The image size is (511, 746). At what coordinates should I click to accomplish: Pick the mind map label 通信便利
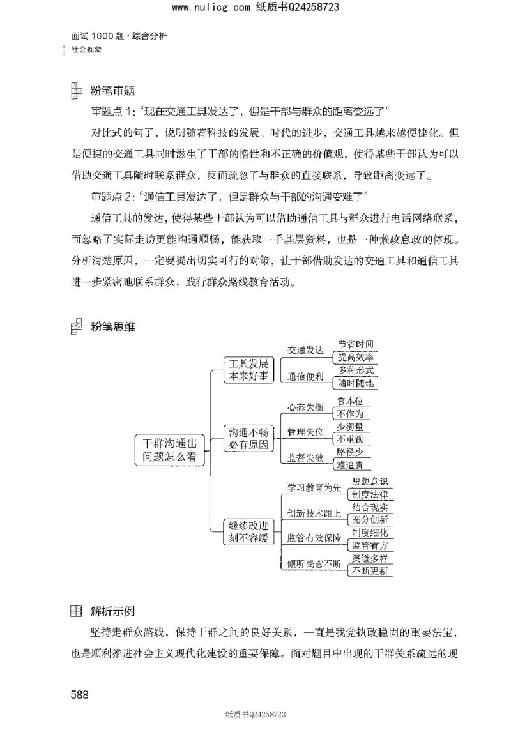click(x=305, y=376)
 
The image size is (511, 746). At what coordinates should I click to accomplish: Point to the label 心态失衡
click(x=305, y=407)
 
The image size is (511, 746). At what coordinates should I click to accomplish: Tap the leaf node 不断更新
click(x=369, y=571)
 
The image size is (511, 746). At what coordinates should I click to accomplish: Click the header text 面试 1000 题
click(x=99, y=36)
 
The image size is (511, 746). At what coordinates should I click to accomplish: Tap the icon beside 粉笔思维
click(x=75, y=326)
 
